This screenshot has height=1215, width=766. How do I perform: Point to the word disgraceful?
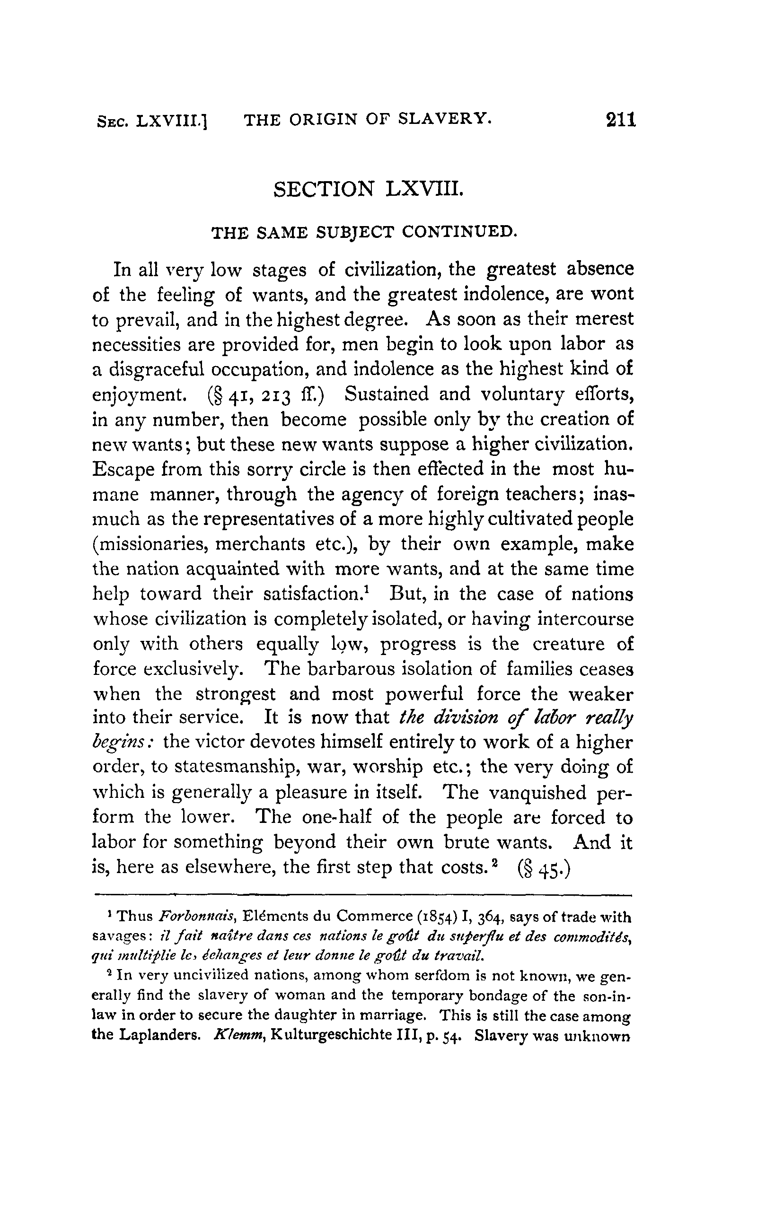click(157, 369)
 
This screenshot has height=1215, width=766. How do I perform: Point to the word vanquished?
click(538, 793)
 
